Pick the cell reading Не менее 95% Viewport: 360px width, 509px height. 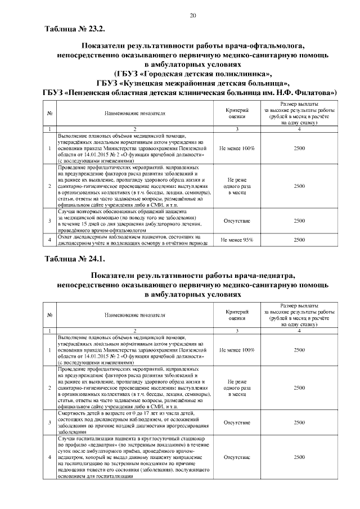coord(237,240)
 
